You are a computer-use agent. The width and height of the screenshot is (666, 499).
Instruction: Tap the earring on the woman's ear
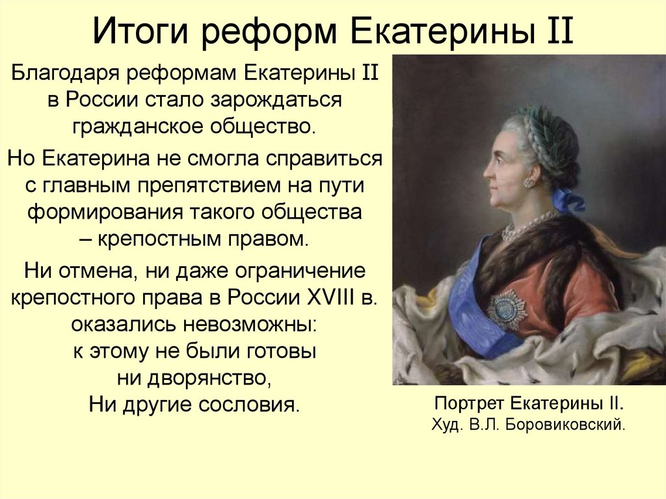tap(529, 182)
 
